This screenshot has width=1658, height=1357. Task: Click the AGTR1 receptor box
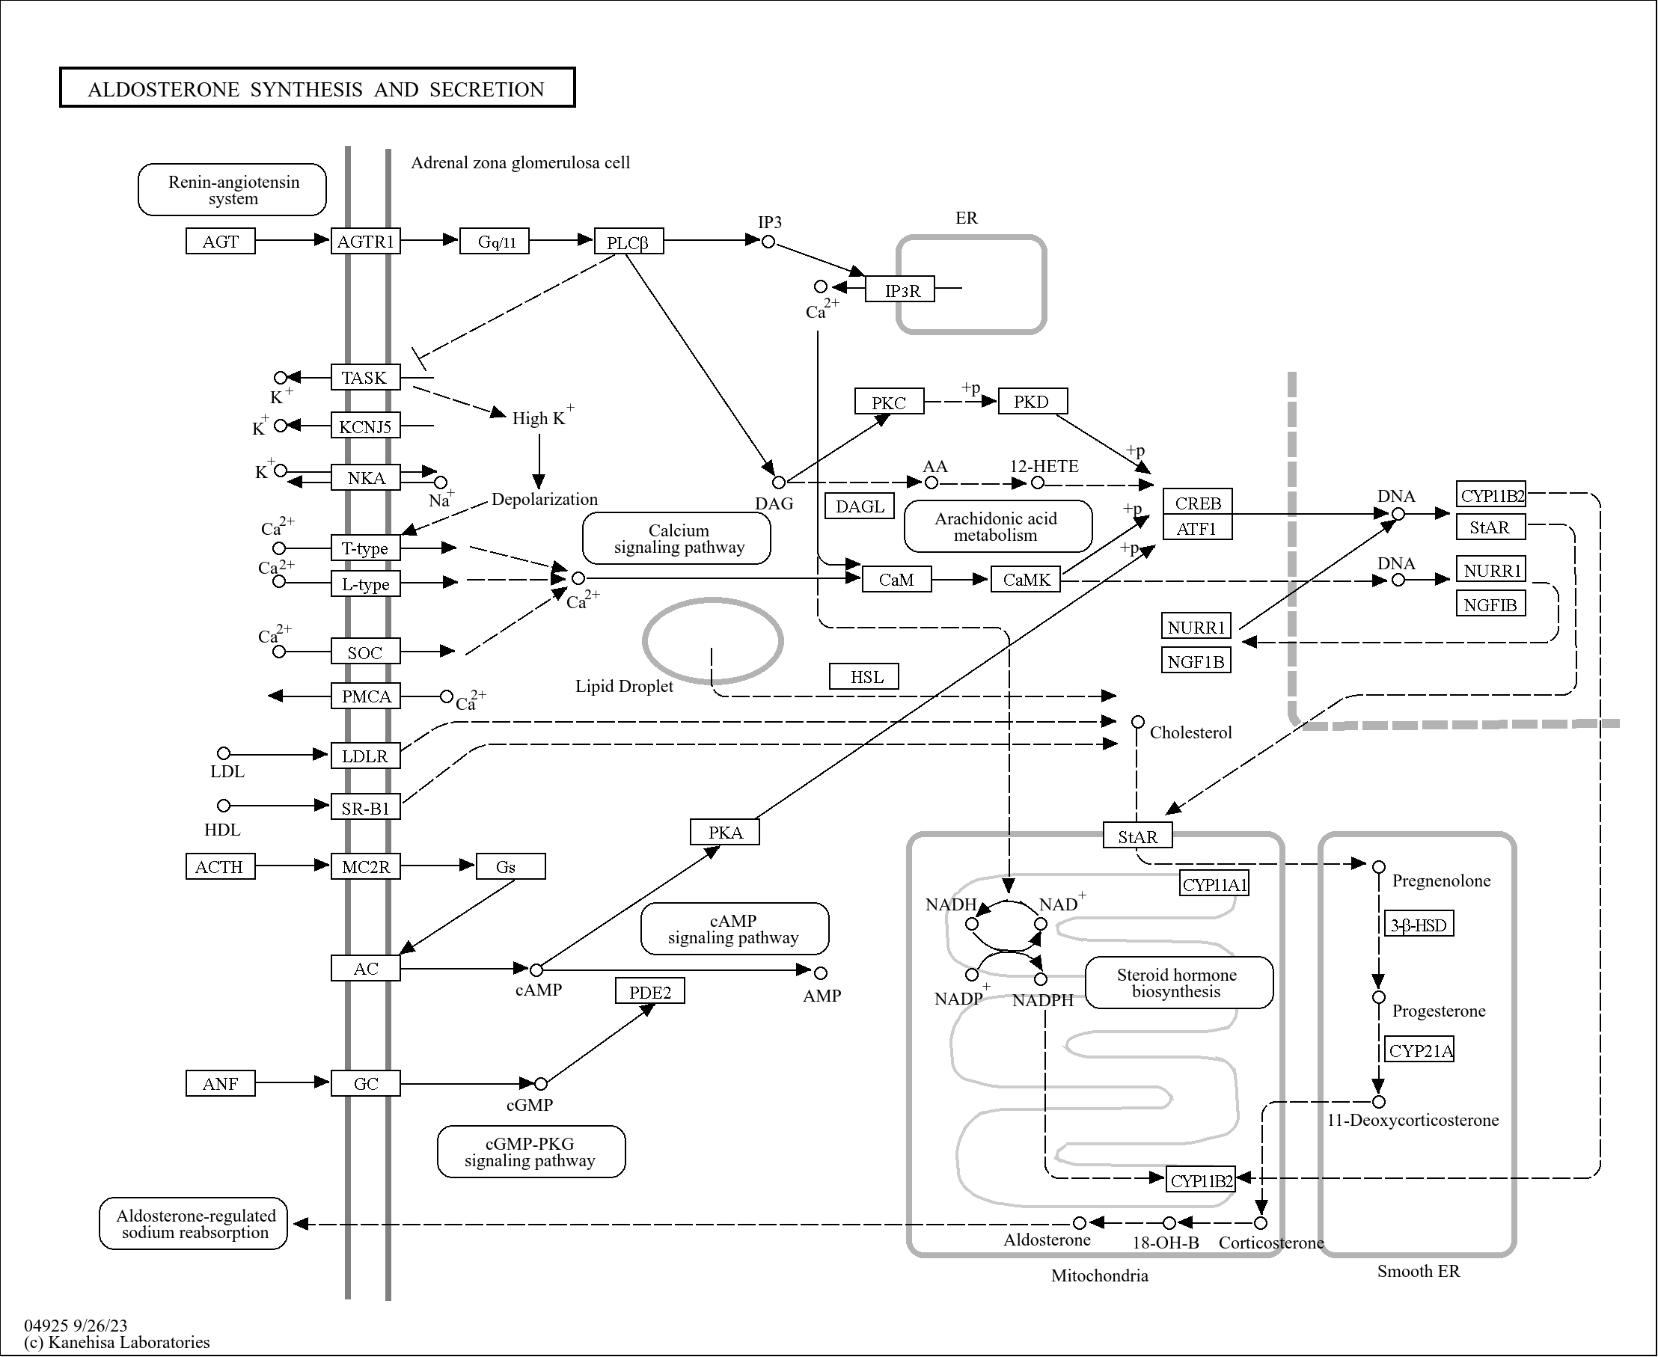(365, 241)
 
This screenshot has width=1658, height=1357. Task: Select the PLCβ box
(628, 242)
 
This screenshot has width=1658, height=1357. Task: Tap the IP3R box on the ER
(901, 290)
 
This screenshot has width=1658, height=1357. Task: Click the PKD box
(1031, 401)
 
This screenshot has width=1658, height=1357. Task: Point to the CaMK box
(1026, 579)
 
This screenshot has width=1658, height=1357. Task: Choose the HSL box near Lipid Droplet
(863, 676)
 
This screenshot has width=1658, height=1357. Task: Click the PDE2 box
(649, 991)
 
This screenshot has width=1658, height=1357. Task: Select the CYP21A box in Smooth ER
(1419, 1050)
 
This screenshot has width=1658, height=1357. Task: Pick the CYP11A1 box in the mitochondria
(1214, 884)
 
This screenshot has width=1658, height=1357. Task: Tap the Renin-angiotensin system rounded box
(232, 189)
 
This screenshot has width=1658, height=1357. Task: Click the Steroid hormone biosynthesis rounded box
(1178, 982)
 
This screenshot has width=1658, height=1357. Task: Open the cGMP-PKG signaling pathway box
(530, 1151)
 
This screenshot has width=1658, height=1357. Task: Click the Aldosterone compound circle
(1080, 1222)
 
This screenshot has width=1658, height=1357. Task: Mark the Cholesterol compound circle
(1138, 721)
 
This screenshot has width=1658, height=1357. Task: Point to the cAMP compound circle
(536, 970)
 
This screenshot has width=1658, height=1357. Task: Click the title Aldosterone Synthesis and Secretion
(316, 88)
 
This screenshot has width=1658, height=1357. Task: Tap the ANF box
(220, 1083)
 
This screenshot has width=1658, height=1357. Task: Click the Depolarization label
(544, 499)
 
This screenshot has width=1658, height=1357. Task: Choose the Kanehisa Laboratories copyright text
(117, 1342)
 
